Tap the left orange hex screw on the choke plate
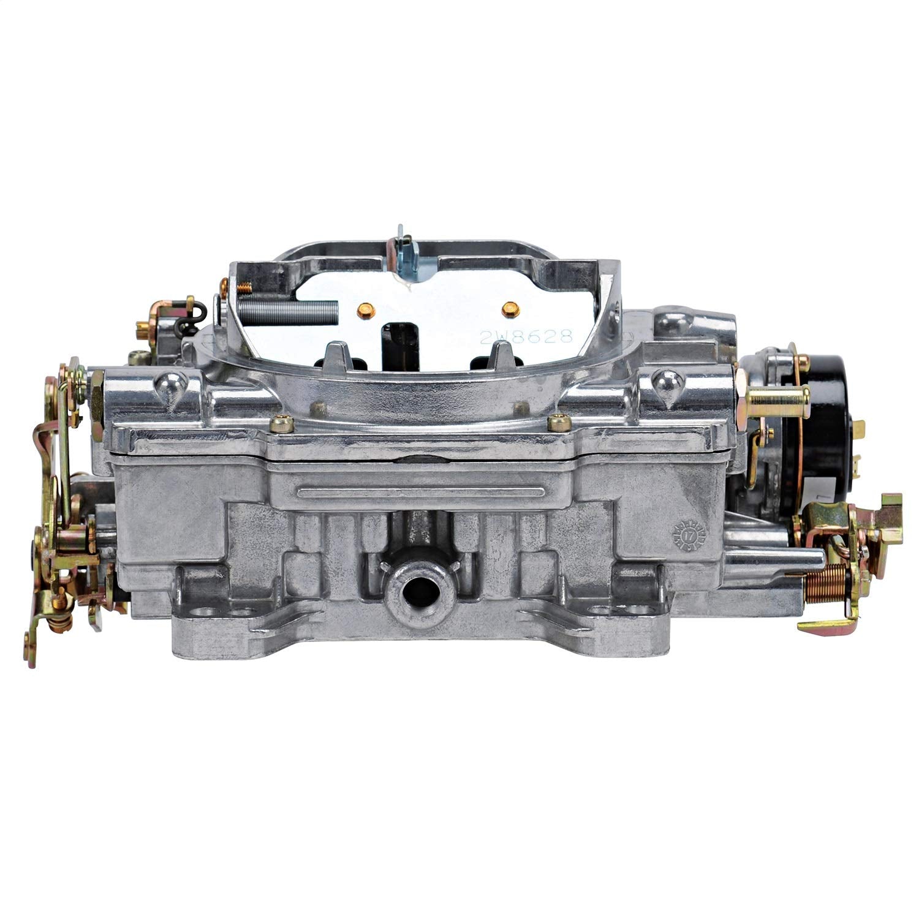tap(366, 311)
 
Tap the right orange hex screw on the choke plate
tap(508, 310)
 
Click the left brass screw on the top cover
tap(281, 422)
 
